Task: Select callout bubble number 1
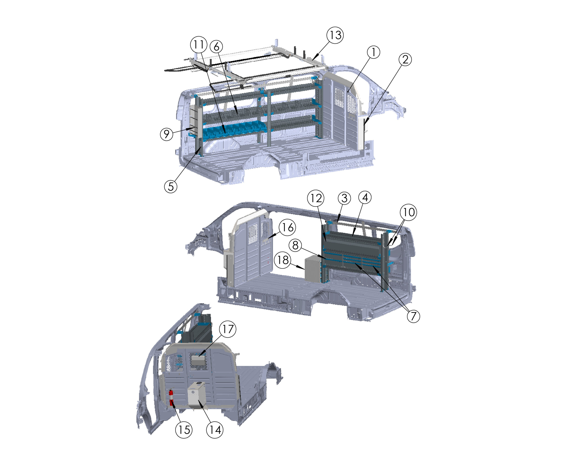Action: [x=373, y=52]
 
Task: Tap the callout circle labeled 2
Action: [x=405, y=59]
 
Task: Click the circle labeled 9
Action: [x=167, y=134]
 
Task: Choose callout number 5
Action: [x=171, y=186]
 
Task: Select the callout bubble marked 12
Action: [x=316, y=198]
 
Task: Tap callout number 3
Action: [x=344, y=198]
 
